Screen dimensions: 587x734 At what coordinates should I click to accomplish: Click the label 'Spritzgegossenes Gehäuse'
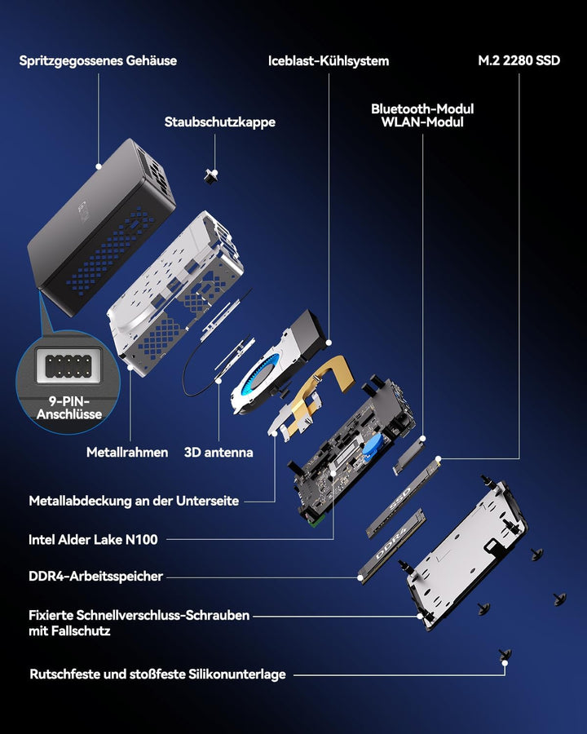click(98, 61)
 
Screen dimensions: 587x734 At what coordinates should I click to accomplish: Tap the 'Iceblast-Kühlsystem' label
click(329, 61)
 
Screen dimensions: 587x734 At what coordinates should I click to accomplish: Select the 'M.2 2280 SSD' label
click(519, 60)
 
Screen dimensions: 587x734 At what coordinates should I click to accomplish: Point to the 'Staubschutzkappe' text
click(220, 122)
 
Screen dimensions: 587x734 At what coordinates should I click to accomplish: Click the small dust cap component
click(211, 176)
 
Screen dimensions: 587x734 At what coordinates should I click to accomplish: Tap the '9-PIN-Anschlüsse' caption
click(69, 408)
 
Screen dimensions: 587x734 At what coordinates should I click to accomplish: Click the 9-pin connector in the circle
click(68, 366)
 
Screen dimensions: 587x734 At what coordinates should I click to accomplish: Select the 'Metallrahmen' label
click(127, 452)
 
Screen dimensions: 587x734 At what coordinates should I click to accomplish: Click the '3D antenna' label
click(218, 452)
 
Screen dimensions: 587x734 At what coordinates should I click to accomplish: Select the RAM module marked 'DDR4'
click(391, 546)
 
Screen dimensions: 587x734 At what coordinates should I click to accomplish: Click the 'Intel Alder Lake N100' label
click(93, 540)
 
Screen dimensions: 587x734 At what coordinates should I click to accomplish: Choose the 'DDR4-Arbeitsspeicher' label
click(96, 577)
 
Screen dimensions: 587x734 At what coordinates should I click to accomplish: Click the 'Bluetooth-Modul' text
click(422, 109)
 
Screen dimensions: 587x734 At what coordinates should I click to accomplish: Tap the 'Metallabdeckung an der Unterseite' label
click(134, 501)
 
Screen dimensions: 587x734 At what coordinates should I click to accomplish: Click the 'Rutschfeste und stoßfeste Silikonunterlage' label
click(157, 674)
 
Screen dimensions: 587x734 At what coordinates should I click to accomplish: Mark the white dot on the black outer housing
click(99, 166)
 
